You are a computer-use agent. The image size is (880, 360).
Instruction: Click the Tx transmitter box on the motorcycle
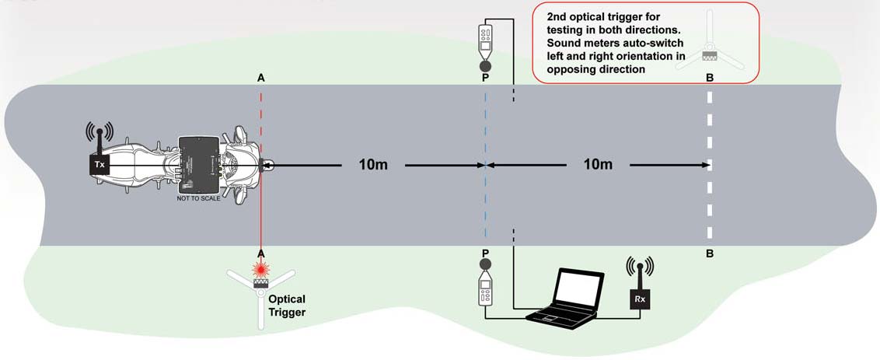click(x=100, y=165)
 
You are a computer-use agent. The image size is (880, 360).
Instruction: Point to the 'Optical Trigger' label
click(x=287, y=306)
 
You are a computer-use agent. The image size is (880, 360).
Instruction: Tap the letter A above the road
click(x=261, y=79)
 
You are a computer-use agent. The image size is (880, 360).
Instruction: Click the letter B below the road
click(x=709, y=253)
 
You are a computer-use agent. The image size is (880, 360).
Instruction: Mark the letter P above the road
click(x=485, y=79)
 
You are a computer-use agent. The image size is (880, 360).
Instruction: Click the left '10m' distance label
click(x=375, y=165)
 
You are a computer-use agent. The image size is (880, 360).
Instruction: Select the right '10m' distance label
click(x=597, y=165)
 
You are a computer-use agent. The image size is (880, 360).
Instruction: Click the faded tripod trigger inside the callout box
click(x=709, y=51)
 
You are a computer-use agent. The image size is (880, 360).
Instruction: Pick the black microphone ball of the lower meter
click(x=485, y=267)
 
